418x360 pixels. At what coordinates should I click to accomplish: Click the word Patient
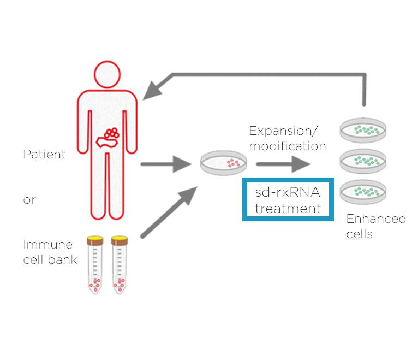(x=44, y=154)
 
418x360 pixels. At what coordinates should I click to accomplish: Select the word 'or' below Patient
(x=29, y=200)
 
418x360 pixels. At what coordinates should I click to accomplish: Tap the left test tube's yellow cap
(x=96, y=239)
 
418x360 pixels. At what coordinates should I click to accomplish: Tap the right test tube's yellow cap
(x=119, y=239)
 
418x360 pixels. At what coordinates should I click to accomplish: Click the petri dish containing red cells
(x=223, y=163)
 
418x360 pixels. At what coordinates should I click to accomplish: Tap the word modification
(x=288, y=146)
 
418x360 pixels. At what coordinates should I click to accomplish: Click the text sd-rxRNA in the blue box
(x=288, y=193)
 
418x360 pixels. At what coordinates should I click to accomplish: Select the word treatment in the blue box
(x=288, y=208)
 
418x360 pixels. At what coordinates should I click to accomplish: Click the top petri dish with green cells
(x=363, y=130)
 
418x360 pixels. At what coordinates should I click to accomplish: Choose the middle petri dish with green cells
(x=363, y=161)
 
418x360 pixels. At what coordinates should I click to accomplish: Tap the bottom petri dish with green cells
(x=363, y=191)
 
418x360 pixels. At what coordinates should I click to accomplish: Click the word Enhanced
(x=376, y=219)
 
